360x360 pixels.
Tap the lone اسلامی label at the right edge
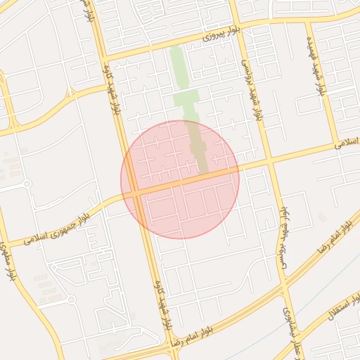(x=347, y=143)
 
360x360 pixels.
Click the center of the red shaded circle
(x=180, y=179)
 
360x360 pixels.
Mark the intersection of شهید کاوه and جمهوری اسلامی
(x=137, y=191)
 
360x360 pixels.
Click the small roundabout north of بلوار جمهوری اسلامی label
(x=27, y=184)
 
